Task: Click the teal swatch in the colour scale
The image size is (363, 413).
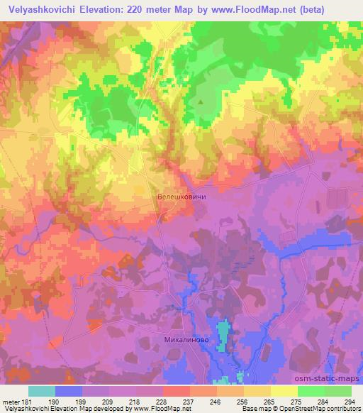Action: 41,391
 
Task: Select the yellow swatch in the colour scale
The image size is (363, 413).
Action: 283,391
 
